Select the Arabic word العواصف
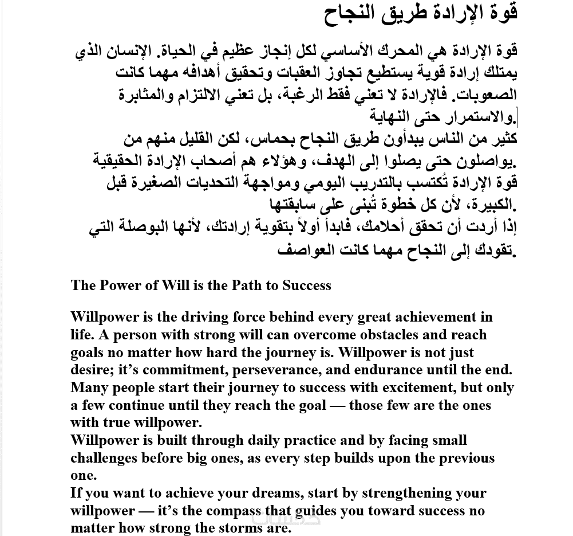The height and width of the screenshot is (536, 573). click(x=307, y=251)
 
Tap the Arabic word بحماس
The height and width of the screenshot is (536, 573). click(x=272, y=139)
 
